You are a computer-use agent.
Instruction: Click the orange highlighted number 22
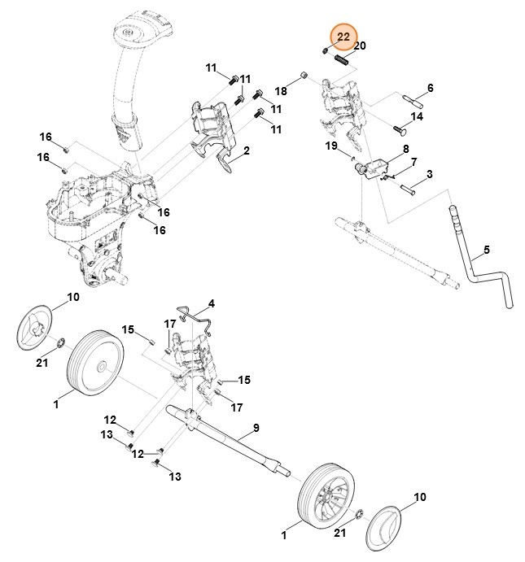(343, 37)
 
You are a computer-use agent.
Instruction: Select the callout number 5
(487, 249)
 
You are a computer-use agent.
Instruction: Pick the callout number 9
(255, 428)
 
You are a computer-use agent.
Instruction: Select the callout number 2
(246, 150)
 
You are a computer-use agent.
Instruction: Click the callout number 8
(405, 150)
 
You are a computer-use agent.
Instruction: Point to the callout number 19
(331, 146)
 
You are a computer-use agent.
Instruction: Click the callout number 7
(413, 163)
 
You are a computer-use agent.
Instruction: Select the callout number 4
(211, 303)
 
